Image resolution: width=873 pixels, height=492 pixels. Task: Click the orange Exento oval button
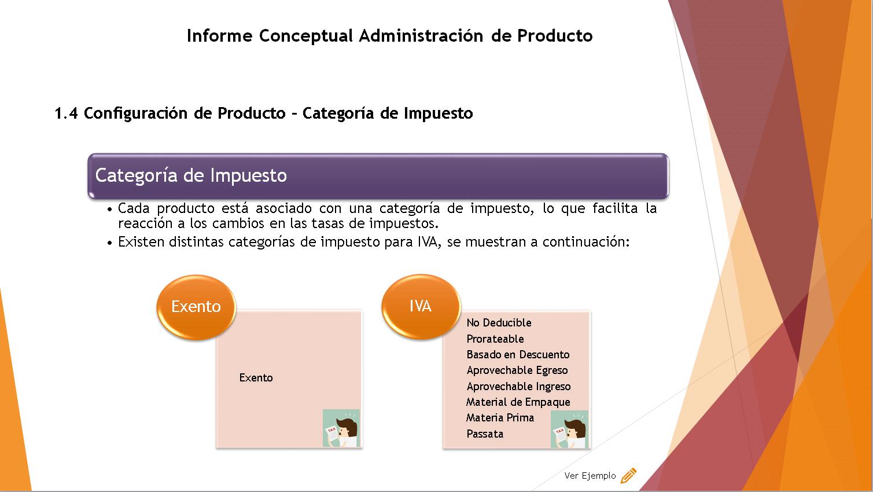(196, 307)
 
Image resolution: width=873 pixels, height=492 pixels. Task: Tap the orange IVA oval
(421, 306)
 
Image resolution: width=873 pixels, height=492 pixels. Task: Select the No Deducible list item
(499, 323)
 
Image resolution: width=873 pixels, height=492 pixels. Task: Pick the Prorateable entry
(495, 339)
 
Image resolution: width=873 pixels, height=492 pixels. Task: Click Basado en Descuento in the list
(518, 354)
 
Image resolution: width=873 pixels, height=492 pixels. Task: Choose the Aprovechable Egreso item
(517, 370)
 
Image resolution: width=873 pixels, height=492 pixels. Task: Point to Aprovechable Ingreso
(519, 386)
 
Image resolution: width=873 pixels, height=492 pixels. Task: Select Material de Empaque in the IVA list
(518, 402)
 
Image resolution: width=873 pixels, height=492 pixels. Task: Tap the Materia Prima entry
(500, 418)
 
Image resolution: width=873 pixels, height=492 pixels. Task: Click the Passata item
(485, 434)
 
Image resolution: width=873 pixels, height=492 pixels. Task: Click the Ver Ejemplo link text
(590, 476)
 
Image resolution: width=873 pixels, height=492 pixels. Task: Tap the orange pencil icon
(629, 475)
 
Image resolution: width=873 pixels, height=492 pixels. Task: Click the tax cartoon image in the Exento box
(341, 428)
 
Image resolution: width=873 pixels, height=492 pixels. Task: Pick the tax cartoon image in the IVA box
(569, 429)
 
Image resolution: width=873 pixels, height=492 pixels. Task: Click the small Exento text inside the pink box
(256, 378)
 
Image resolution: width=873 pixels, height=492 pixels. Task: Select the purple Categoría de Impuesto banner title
(191, 175)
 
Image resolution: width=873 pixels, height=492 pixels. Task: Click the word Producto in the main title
(555, 36)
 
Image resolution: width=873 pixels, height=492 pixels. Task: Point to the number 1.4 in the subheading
(67, 113)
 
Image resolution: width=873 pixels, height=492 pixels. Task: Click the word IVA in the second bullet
(429, 242)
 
